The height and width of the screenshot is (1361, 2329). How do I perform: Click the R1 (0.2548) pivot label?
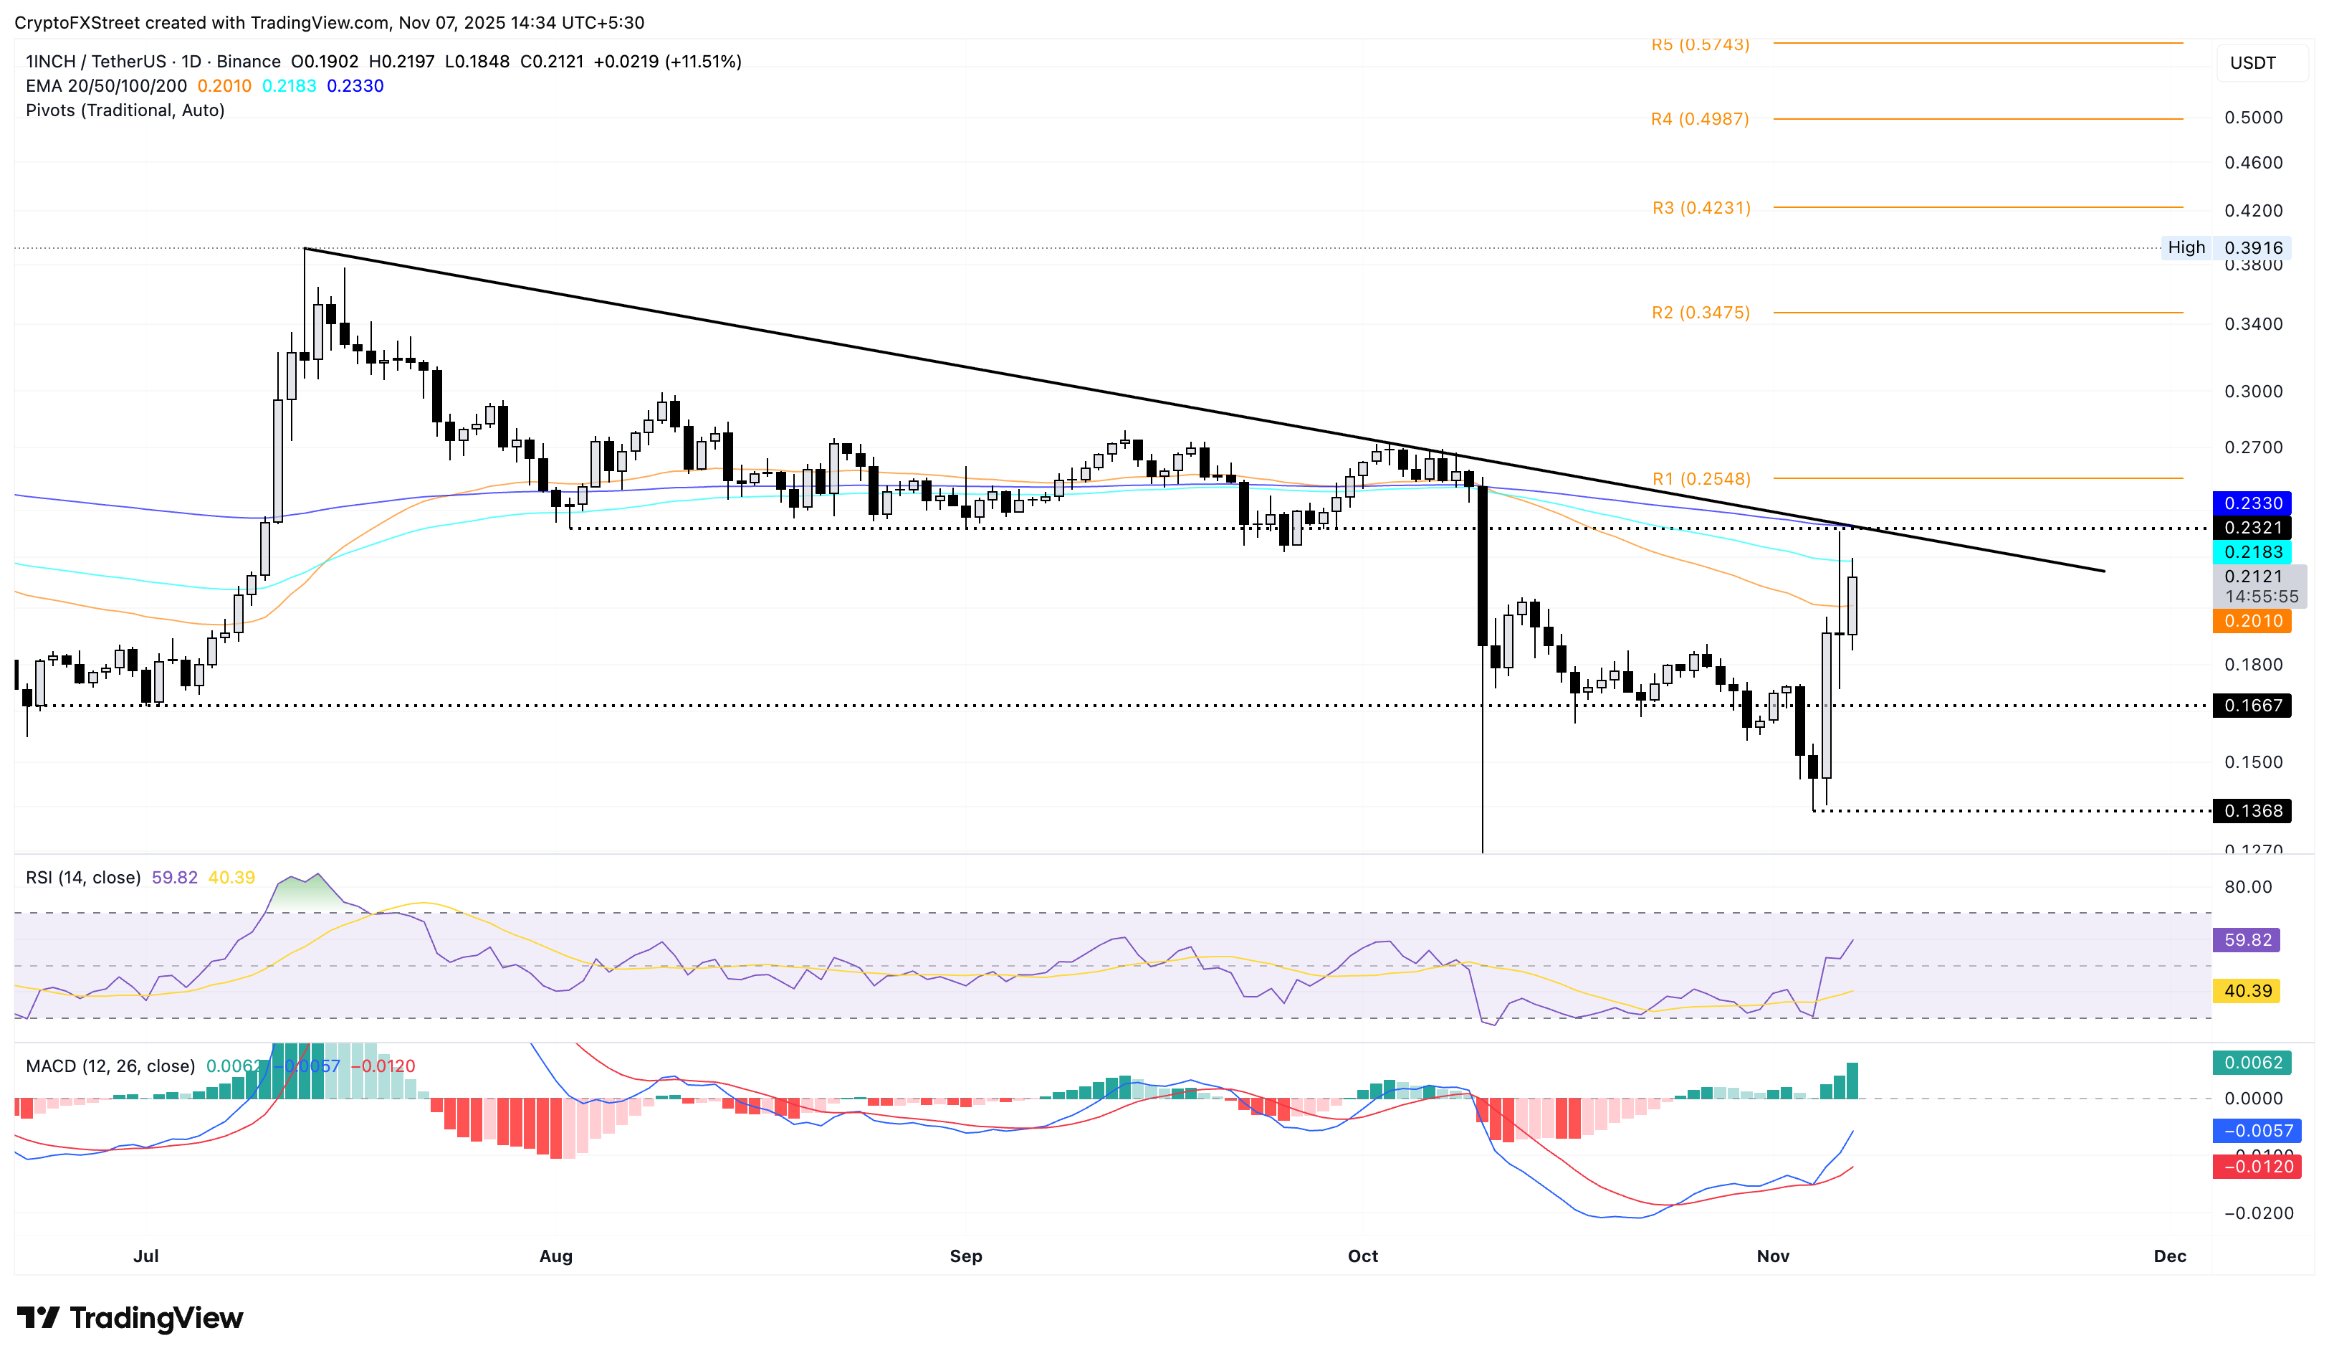coord(1701,479)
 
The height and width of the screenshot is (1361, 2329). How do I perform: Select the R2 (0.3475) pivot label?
coord(1701,313)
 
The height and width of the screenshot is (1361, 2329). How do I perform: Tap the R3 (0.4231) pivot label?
coord(1701,208)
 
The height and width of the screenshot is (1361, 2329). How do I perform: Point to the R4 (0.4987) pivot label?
coord(1700,119)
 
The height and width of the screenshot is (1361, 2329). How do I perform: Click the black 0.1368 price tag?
coord(2252,811)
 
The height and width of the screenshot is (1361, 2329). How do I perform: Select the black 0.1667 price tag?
coord(2252,706)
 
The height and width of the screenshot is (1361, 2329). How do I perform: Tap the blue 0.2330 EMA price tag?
coord(2252,503)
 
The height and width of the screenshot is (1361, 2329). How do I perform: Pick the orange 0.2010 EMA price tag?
coord(2252,620)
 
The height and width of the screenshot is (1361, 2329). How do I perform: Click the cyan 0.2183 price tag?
coord(2252,552)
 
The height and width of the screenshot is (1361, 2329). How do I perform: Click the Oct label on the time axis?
coord(1362,1256)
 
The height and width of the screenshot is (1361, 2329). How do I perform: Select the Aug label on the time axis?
coord(555,1256)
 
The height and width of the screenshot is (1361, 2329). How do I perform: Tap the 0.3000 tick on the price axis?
coord(2252,391)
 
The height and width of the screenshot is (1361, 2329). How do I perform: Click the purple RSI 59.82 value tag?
coord(2247,940)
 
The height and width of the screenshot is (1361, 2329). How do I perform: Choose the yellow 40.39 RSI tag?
coord(2247,991)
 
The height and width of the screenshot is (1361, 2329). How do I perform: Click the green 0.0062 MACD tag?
coord(2252,1063)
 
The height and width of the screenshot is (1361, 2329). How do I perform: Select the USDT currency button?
coord(2252,63)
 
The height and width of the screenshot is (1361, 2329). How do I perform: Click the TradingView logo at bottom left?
coord(130,1317)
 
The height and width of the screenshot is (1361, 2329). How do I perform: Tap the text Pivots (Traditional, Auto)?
coord(125,110)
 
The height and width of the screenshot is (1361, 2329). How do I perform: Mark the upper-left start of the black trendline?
coord(305,249)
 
